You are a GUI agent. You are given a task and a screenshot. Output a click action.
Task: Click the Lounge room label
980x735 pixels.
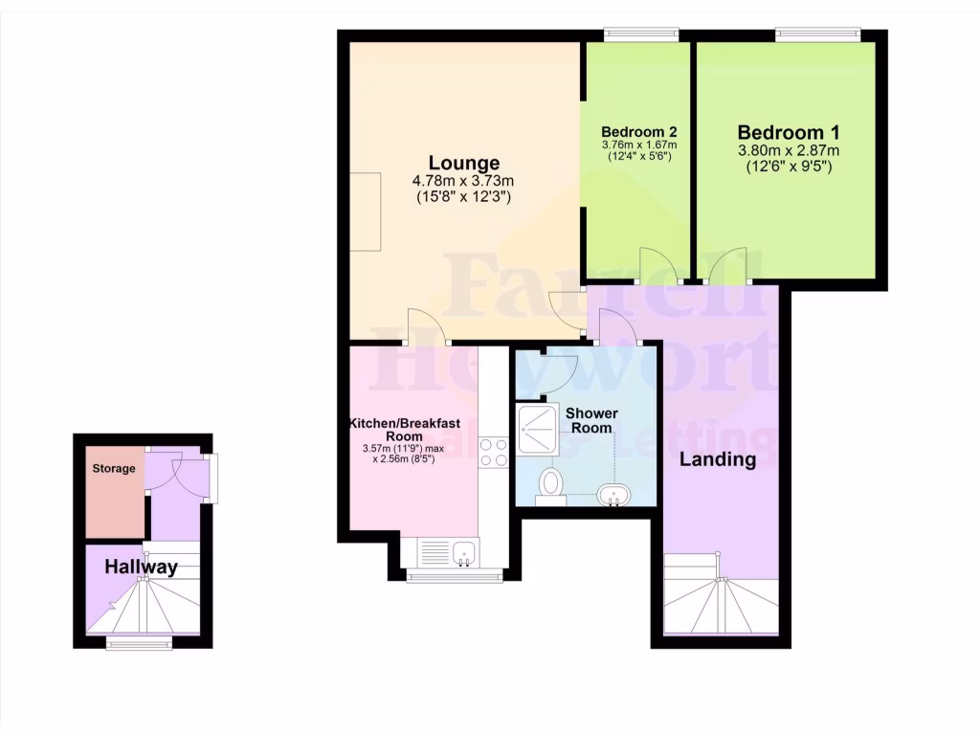point(463,163)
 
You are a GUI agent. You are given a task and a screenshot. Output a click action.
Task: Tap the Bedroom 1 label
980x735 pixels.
point(788,132)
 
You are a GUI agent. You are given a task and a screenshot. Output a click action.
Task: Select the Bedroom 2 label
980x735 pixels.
point(639,131)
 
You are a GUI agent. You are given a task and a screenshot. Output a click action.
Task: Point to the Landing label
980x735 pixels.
point(718,459)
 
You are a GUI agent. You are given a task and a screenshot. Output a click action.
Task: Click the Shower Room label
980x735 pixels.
point(591,420)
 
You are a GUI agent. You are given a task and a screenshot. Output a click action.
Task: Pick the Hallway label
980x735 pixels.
point(142,568)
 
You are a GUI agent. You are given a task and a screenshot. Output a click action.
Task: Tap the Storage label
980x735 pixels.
point(114,469)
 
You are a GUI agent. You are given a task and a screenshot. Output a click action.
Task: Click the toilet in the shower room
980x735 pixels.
point(551,483)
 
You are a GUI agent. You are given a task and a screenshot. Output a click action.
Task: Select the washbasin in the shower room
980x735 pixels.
point(612,495)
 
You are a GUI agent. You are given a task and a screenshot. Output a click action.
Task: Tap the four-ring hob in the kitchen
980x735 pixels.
point(494,452)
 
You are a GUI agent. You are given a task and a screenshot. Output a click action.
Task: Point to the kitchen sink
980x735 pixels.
point(466,553)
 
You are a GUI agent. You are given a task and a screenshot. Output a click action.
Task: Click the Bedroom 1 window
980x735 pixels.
point(817,35)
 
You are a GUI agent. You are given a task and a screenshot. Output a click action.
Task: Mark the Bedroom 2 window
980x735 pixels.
point(641,35)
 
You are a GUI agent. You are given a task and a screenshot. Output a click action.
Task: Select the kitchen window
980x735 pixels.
point(455,575)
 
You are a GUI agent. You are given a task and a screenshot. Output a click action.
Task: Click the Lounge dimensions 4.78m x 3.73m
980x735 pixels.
point(463,180)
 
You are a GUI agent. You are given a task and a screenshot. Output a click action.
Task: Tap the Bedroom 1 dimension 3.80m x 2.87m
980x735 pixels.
point(788,151)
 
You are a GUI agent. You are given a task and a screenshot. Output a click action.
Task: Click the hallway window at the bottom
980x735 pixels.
point(140,644)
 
